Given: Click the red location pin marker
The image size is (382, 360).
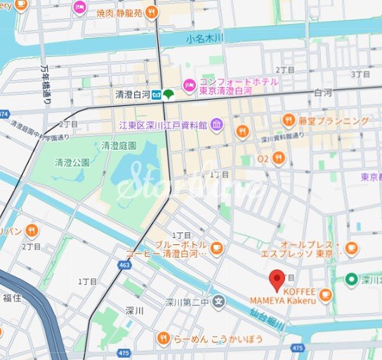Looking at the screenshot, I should coord(277,279).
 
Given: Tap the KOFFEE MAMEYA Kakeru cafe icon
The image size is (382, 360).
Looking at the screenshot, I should coord(324,297).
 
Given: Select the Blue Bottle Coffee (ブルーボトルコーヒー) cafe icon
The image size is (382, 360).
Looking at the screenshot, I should coord(216,248).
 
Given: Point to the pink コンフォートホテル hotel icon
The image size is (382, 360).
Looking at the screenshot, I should coord(188,86).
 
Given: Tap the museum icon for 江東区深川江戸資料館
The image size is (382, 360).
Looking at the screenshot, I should coord(216,126).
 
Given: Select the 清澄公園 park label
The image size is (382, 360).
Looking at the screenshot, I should coord(72,162).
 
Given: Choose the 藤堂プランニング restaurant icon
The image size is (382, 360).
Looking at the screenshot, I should coord(289,120).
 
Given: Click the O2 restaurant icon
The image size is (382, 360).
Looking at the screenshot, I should coord(279,159).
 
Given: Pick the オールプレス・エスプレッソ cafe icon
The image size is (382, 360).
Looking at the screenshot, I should coord(351,248).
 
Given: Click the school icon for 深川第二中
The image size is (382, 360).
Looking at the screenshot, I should coord(219,302).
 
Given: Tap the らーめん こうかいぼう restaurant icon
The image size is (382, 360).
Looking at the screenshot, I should coord(163,339).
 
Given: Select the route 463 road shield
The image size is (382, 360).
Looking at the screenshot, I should coord(124,266).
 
